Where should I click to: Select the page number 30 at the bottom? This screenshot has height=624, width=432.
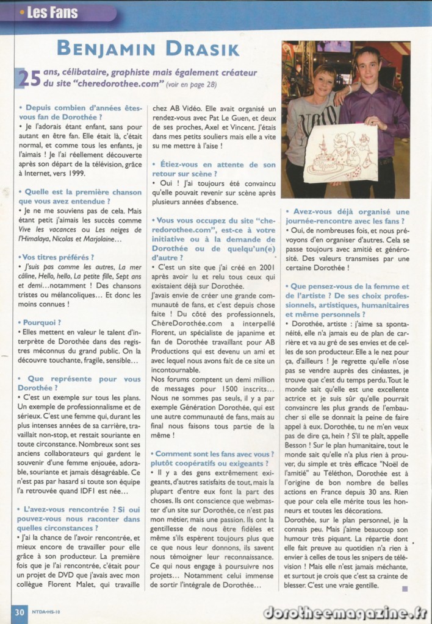coord(18,612)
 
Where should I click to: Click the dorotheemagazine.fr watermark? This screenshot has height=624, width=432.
coord(345,611)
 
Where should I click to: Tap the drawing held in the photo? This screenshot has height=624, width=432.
coord(340,152)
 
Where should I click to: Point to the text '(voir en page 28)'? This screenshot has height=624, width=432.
coord(185,85)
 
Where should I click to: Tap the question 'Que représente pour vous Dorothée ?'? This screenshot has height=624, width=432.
coord(79,383)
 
